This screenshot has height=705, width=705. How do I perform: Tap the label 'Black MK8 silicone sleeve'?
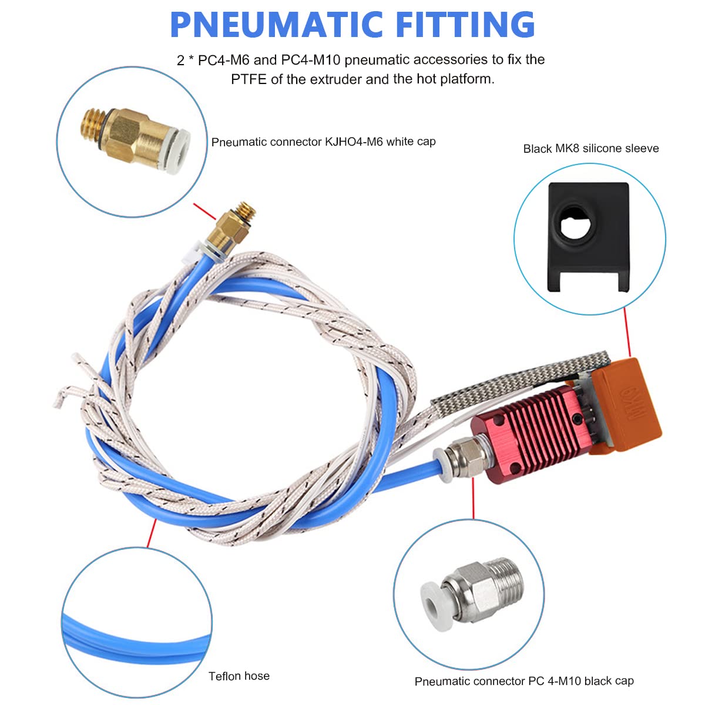[x=590, y=149]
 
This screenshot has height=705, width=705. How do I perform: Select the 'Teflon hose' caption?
[x=239, y=676]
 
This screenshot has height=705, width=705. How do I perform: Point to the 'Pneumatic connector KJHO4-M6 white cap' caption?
[x=323, y=142]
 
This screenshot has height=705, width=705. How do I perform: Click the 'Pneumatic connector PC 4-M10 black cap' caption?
[x=524, y=681]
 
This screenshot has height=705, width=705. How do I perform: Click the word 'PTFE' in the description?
[x=249, y=79]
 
